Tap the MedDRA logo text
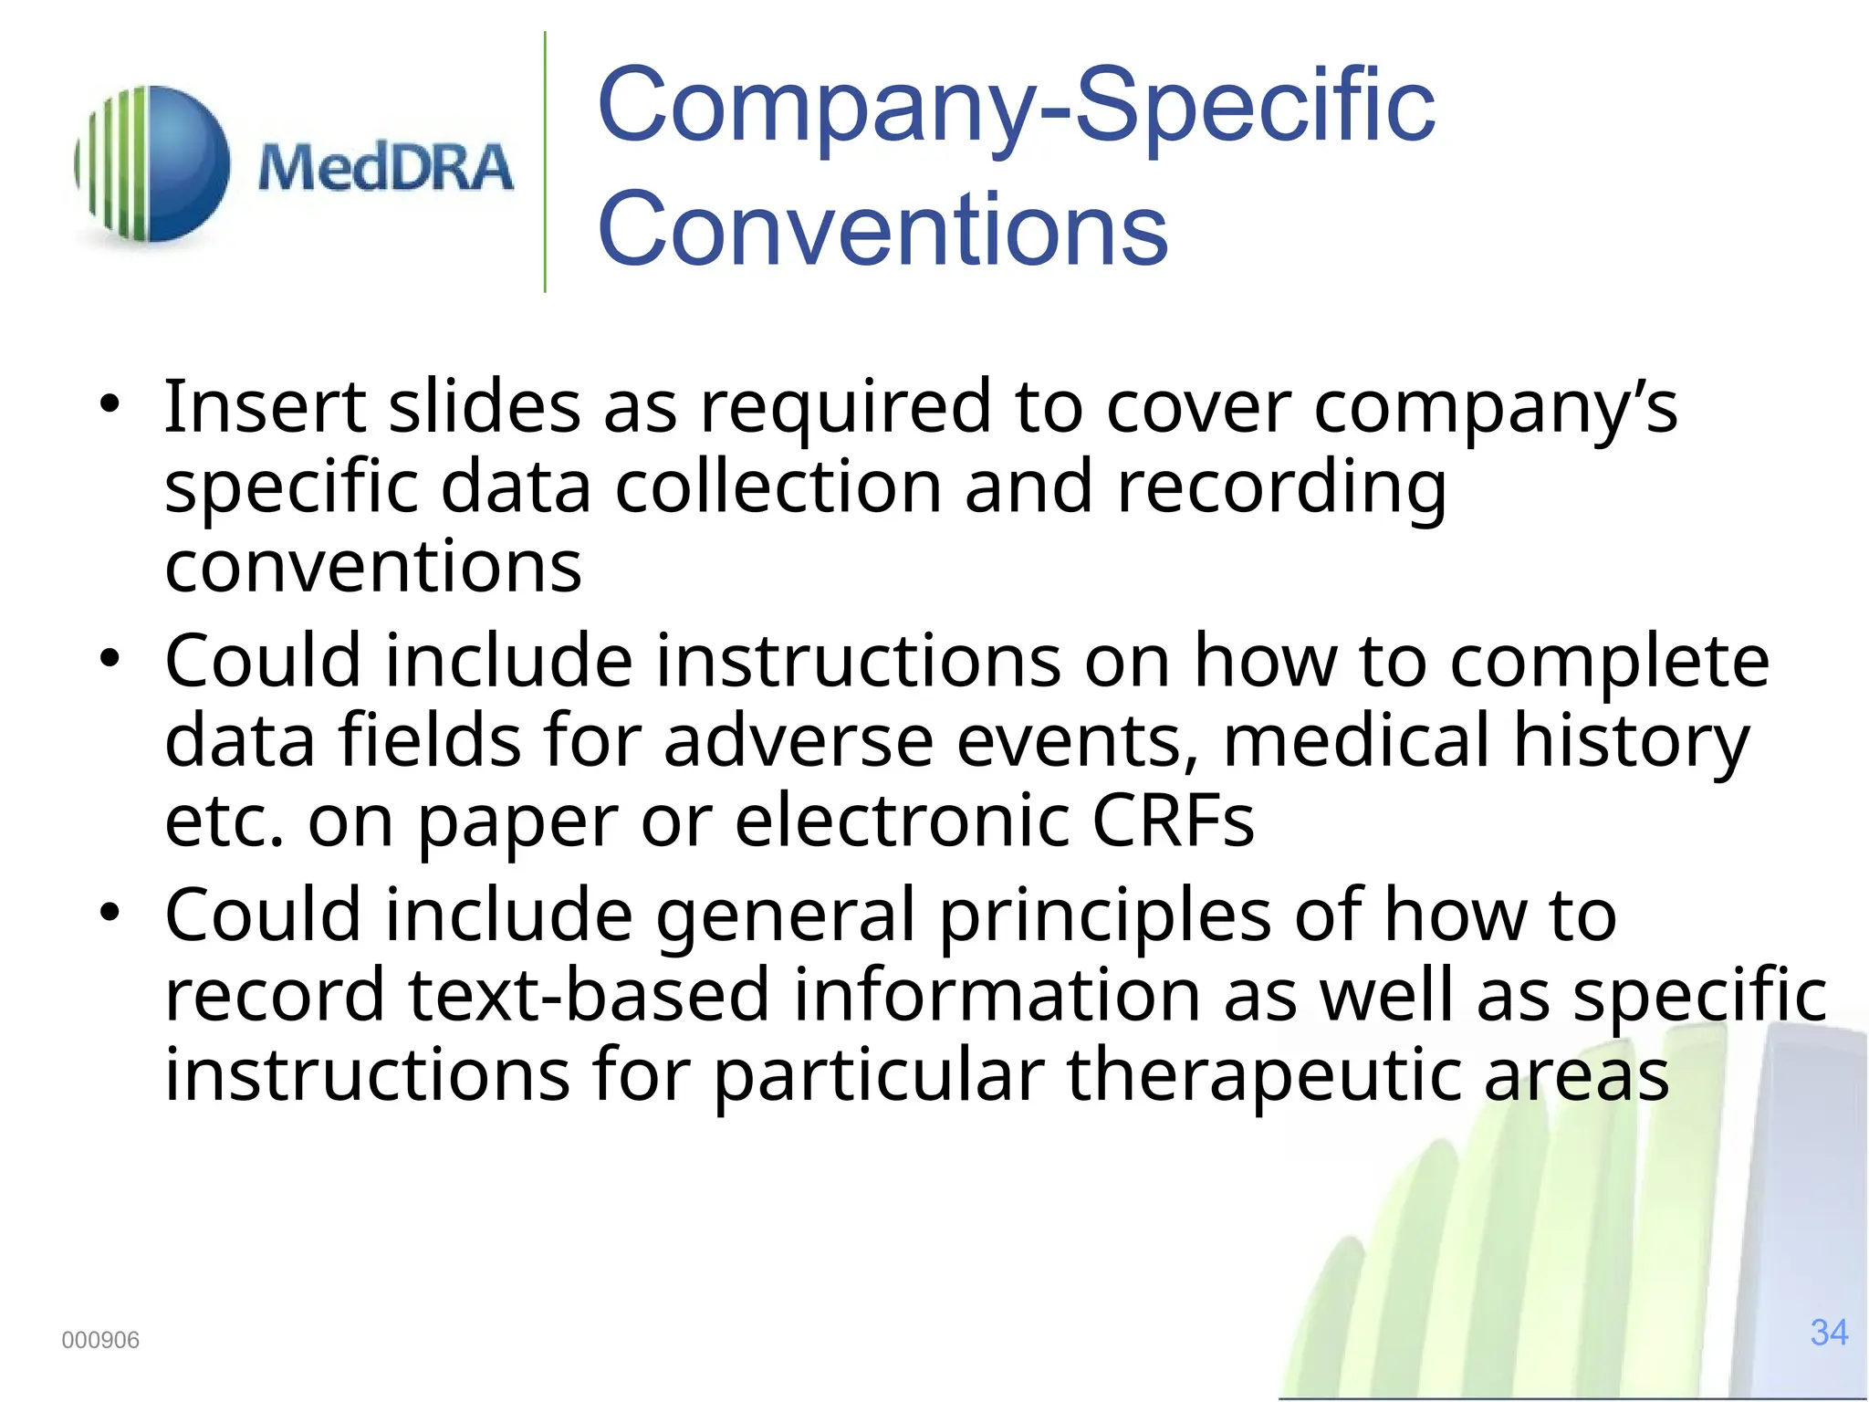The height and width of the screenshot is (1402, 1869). tap(385, 168)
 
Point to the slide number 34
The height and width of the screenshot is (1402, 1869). tap(1829, 1333)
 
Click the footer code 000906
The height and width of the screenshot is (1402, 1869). tap(100, 1340)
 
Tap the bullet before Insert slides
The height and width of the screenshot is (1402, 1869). tap(110, 404)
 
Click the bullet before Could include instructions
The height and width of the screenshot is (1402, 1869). tap(110, 658)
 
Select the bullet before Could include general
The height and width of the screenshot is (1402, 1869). tap(110, 912)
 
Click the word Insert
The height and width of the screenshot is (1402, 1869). tap(265, 406)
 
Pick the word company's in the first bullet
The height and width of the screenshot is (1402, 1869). tap(1495, 408)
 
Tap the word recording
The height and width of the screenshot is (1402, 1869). tap(1281, 487)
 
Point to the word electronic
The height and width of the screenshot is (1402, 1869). tap(902, 820)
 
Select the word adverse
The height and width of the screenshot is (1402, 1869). tap(798, 740)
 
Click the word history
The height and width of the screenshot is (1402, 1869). tap(1632, 740)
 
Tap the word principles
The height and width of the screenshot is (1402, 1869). tap(1104, 915)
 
